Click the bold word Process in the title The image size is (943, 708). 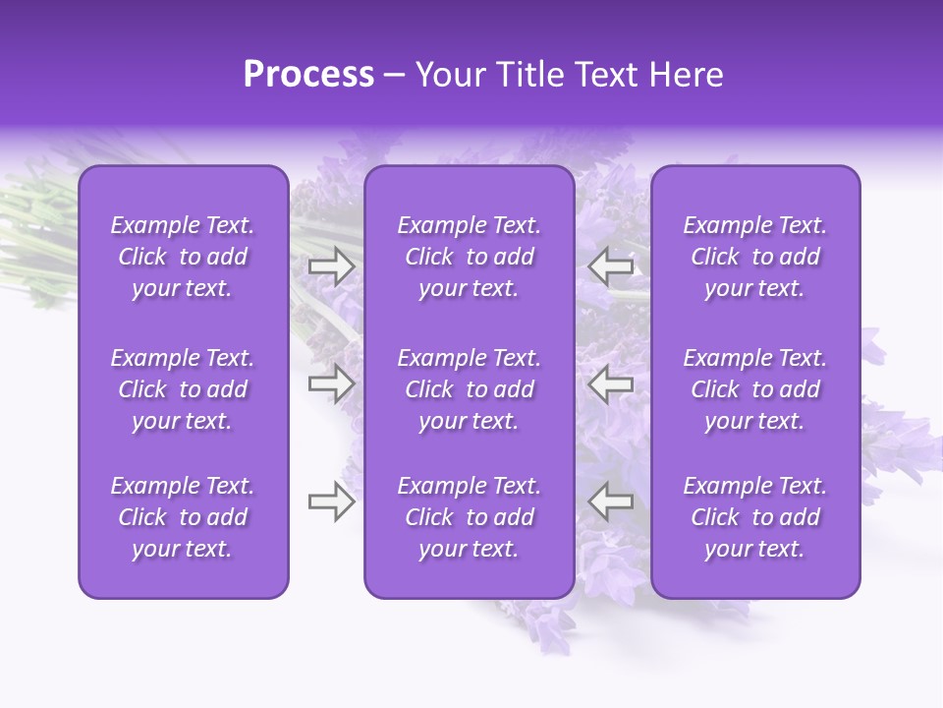pos(308,75)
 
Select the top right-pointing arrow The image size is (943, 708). pos(332,266)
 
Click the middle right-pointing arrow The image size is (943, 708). pos(332,383)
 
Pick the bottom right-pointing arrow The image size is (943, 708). pos(332,501)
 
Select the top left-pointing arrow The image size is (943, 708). pos(610,266)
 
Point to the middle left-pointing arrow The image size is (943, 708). pos(610,383)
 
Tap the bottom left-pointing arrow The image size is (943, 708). pos(610,501)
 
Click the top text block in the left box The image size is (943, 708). pos(183,257)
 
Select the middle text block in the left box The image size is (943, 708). pos(183,389)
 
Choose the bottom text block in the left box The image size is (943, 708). pos(183,517)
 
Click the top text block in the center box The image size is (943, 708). pos(470,257)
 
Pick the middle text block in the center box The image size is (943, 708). pos(470,389)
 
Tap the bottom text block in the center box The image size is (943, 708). pos(470,517)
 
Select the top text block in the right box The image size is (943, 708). pos(755,257)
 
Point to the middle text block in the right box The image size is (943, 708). pos(755,389)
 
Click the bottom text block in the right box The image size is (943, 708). pos(755,517)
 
